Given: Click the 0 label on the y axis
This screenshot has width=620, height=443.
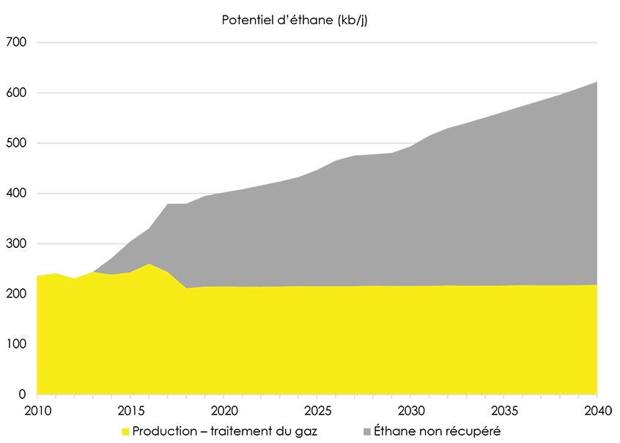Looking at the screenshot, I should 23,395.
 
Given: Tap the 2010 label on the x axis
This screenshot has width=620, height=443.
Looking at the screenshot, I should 37,409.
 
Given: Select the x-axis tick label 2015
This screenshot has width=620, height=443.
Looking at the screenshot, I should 130,409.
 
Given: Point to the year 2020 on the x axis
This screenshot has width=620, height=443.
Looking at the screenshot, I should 224,409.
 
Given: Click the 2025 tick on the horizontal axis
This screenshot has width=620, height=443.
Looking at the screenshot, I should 317,409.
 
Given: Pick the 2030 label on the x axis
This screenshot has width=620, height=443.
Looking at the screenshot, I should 410,409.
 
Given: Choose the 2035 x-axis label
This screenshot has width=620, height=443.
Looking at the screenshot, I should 503,409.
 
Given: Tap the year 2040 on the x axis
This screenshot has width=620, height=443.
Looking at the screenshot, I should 597,409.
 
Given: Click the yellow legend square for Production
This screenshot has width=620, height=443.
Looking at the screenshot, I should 125,431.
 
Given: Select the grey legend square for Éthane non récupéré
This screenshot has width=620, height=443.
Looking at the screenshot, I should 366,431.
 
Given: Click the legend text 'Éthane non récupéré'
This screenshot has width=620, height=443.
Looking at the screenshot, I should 437,431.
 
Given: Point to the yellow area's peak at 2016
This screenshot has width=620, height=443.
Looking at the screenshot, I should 149,265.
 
